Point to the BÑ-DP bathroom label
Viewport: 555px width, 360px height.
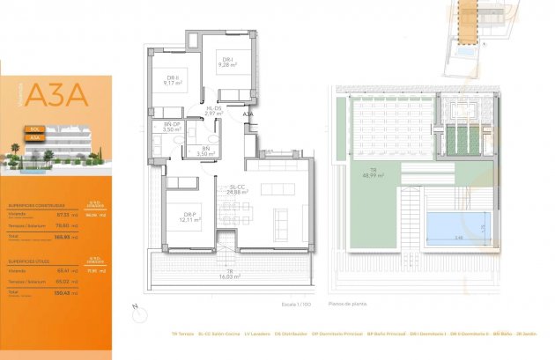click(171, 127)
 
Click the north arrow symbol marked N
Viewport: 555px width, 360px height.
click(135, 307)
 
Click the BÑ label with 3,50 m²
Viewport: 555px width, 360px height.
click(204, 151)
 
